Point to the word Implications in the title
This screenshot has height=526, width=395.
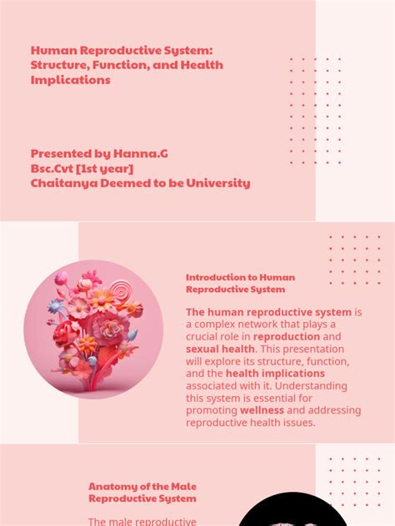(x=71, y=81)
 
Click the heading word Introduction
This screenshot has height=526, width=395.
(x=214, y=277)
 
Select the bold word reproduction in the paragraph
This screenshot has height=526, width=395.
(x=289, y=336)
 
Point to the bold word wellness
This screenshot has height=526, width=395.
(x=262, y=410)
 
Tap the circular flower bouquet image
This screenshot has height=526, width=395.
(x=94, y=330)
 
